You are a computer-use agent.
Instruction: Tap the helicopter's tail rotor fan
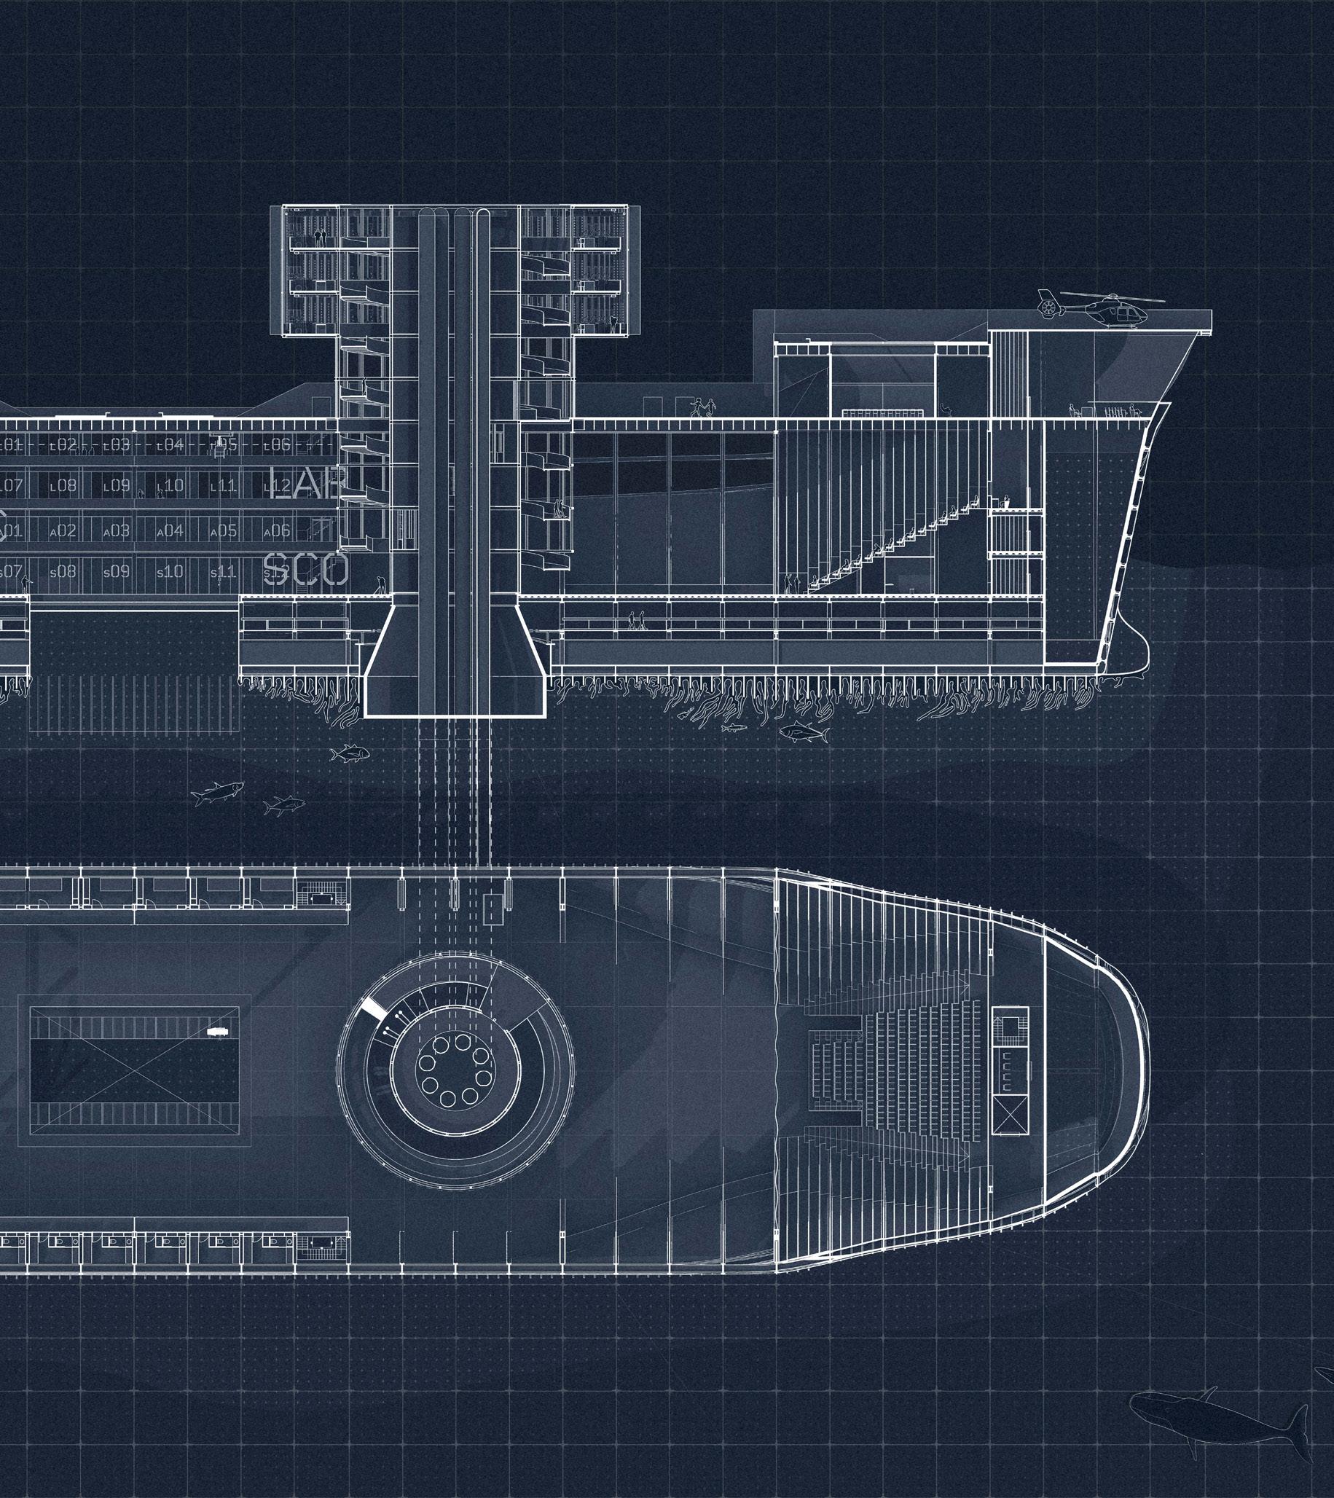point(1049,302)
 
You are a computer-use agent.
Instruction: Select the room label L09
point(117,485)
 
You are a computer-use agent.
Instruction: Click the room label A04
point(170,530)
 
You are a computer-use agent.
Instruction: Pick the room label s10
point(169,572)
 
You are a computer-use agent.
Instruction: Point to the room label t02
point(63,444)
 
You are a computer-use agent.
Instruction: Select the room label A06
point(276,530)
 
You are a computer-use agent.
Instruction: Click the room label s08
point(63,572)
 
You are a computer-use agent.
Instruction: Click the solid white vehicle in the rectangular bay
point(217,1031)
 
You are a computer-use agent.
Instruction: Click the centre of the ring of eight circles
point(455,1071)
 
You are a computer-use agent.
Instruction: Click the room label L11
point(223,485)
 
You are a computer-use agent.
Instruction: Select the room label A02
point(63,530)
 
